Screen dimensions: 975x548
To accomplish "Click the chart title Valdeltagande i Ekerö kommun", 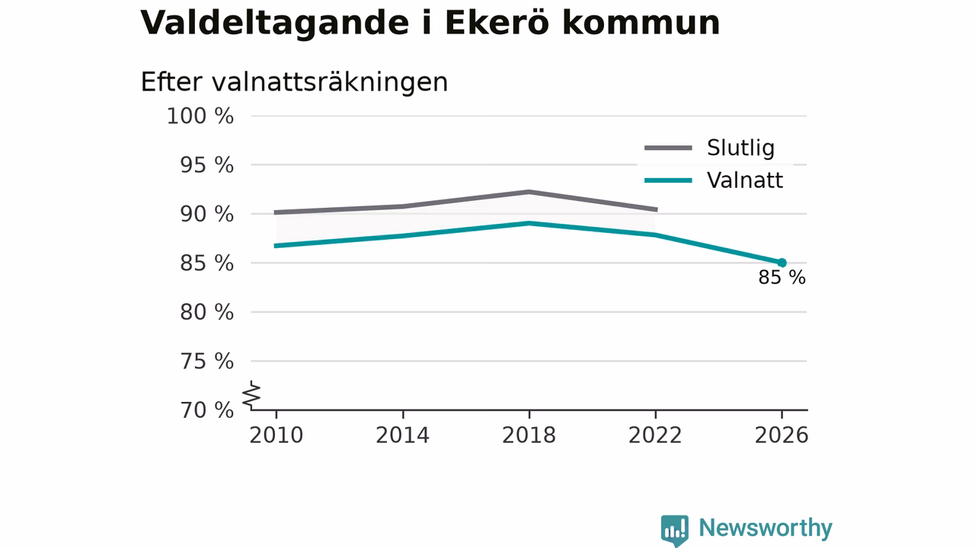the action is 430,23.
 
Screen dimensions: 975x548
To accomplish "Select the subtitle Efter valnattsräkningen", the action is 294,81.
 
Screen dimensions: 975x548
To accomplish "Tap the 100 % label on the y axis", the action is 200,116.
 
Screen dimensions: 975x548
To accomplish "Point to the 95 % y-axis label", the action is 206,165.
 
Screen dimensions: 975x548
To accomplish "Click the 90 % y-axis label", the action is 206,215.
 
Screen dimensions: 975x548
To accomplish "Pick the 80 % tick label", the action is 206,312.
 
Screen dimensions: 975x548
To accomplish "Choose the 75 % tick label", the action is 206,362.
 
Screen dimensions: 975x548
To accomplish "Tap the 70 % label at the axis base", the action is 206,410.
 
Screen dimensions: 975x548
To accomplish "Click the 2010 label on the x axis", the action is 276,435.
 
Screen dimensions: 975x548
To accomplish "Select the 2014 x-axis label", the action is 403,435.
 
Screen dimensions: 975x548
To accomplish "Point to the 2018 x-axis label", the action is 529,435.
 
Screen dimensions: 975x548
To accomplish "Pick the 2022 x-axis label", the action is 655,435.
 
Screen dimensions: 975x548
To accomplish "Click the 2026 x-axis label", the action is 782,435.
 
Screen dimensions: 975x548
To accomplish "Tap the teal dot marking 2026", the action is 782,263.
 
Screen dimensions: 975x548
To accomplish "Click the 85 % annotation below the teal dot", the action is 782,278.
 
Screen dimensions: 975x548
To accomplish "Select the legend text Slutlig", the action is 740,148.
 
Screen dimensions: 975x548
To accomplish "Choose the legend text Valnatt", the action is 745,180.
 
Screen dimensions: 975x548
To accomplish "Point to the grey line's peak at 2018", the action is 529,192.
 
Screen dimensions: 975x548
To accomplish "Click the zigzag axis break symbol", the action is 251,395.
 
